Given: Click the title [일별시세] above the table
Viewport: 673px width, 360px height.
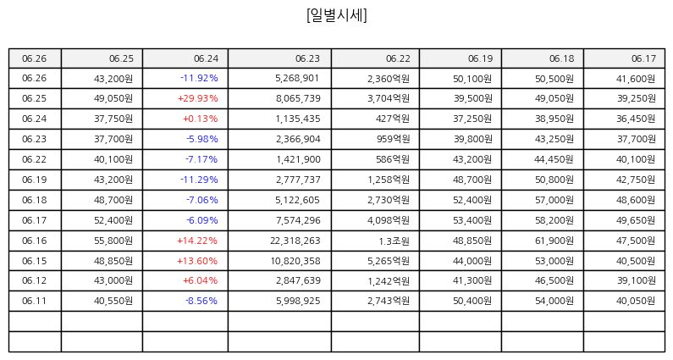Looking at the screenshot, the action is pyautogui.click(x=337, y=15).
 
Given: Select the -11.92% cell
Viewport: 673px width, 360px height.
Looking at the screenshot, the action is pyautogui.click(x=199, y=78).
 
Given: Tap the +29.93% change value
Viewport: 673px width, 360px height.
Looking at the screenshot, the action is pyautogui.click(x=198, y=98).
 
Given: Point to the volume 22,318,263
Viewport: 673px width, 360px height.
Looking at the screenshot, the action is pyautogui.click(x=295, y=241).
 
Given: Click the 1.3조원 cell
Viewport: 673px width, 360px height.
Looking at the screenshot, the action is pyautogui.click(x=394, y=241).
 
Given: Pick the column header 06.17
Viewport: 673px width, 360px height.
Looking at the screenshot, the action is pyautogui.click(x=643, y=58).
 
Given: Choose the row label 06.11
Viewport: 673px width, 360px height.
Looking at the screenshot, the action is pyautogui.click(x=35, y=301).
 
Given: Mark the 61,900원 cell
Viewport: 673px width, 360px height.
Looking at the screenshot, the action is pyautogui.click(x=554, y=241).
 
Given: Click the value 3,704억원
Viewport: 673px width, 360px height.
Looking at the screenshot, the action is pyautogui.click(x=389, y=98).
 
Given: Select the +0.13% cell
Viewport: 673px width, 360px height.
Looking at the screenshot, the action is pyautogui.click(x=201, y=119).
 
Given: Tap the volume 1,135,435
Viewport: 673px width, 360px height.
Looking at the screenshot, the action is pyautogui.click(x=298, y=119).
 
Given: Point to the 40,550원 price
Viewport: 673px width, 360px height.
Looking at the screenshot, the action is pyautogui.click(x=113, y=301).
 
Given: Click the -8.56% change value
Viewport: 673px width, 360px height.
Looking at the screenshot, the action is pyautogui.click(x=201, y=301).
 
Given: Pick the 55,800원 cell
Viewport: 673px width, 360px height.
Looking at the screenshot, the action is pyautogui.click(x=113, y=241).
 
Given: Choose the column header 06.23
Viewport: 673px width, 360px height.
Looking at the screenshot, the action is pyautogui.click(x=307, y=58).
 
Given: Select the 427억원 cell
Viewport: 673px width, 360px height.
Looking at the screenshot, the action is pyautogui.click(x=393, y=119).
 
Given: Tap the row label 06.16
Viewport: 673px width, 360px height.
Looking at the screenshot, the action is pyautogui.click(x=35, y=241).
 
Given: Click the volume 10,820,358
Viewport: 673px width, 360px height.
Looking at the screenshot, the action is pyautogui.click(x=295, y=261).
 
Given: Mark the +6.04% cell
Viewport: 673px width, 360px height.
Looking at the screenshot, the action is pyautogui.click(x=200, y=280).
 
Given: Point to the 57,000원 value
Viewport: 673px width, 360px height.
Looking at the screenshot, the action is pyautogui.click(x=554, y=200).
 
